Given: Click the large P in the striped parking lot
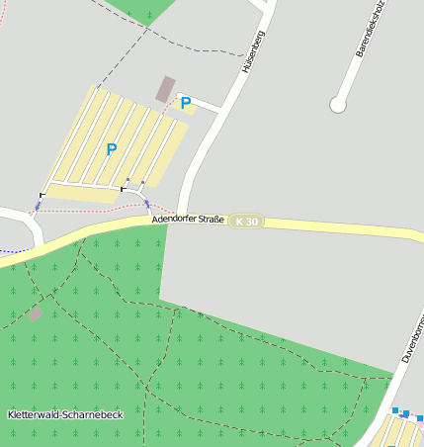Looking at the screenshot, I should pyautogui.click(x=111, y=149).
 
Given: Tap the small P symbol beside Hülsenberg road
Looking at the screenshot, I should pyautogui.click(x=185, y=102).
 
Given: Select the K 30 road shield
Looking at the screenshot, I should pyautogui.click(x=247, y=222).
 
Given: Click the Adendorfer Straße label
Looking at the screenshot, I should pyautogui.click(x=189, y=219).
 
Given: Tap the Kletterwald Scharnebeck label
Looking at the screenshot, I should pyautogui.click(x=64, y=414).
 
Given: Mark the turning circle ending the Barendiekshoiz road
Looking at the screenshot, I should pyautogui.click(x=338, y=104).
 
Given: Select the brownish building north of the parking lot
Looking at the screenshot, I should pyautogui.click(x=166, y=88).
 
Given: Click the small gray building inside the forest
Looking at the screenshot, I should pyautogui.click(x=36, y=314).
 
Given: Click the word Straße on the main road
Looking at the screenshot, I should pyautogui.click(x=211, y=218).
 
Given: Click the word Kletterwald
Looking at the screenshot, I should pyautogui.click(x=30, y=414).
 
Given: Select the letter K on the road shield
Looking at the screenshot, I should pyautogui.click(x=241, y=222).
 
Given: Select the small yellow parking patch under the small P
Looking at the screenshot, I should pyautogui.click(x=188, y=109).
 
